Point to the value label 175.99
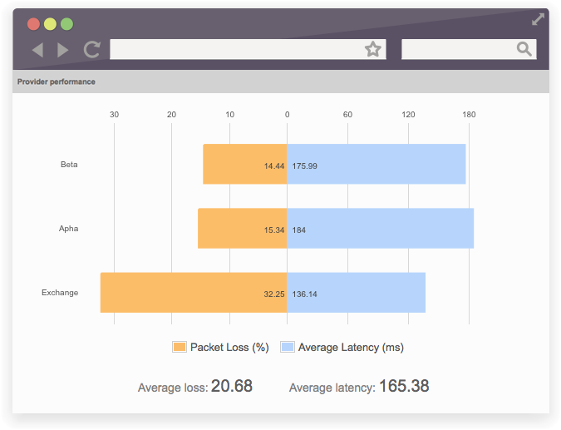(x=305, y=166)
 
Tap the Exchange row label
(x=60, y=293)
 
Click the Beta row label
(x=69, y=165)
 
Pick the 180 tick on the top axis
(x=469, y=115)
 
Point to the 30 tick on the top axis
(x=114, y=115)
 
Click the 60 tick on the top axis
(x=347, y=115)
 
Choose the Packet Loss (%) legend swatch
(x=180, y=348)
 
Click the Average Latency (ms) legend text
(x=351, y=348)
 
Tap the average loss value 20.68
(x=231, y=387)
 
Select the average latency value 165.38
(x=404, y=387)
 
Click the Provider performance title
(x=57, y=82)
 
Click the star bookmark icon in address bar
(x=373, y=50)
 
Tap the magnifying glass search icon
(x=524, y=50)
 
